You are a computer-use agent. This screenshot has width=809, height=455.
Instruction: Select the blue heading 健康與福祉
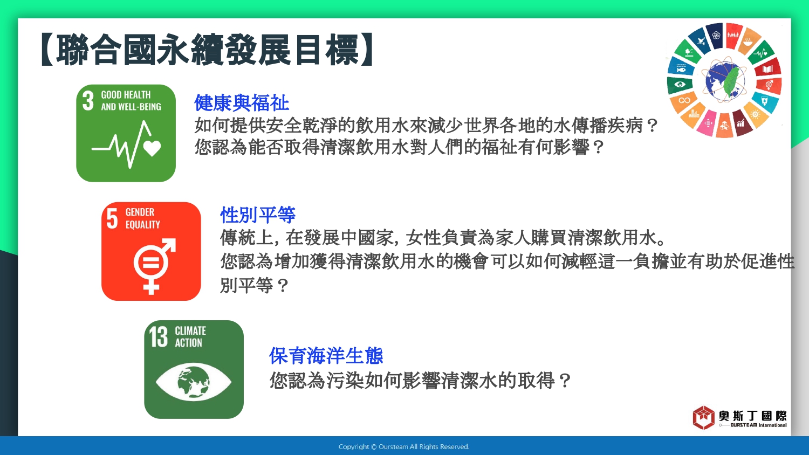[x=242, y=103]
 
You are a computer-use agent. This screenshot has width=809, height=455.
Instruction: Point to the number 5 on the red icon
[x=112, y=218]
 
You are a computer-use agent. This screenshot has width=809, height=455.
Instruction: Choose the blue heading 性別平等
[x=258, y=215]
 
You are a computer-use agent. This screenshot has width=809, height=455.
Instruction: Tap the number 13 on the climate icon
[x=159, y=337]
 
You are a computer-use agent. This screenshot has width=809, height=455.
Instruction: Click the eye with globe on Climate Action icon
[x=194, y=382]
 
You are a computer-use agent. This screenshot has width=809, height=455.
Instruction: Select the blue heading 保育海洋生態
[x=326, y=356]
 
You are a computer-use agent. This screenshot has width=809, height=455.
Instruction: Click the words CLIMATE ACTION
[x=190, y=336]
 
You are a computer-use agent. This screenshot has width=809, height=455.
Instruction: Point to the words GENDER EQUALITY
[x=143, y=218]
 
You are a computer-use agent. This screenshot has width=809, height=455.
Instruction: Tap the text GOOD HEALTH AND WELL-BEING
[x=131, y=100]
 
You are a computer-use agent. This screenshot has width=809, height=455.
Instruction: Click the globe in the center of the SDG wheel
[x=724, y=81]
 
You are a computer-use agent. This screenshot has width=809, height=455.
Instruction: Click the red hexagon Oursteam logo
[x=703, y=417]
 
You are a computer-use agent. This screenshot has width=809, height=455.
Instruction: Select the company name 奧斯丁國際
[x=753, y=416]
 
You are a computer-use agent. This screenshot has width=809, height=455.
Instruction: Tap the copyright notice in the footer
[x=404, y=447]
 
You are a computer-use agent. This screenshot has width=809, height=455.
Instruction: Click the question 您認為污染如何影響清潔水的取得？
[x=420, y=381]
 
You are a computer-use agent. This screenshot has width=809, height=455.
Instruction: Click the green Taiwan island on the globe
[x=731, y=81]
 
